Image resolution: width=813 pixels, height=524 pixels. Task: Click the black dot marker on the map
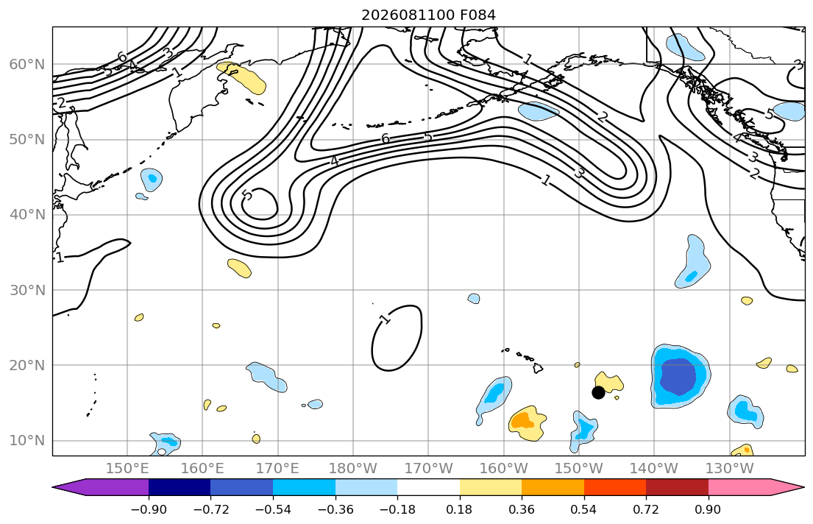598,393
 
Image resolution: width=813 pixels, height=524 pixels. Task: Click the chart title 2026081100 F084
428,15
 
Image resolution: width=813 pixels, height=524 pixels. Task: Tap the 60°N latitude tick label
27,64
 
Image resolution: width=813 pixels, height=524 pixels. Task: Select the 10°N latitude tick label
27,441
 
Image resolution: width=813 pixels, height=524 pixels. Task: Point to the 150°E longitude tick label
127,469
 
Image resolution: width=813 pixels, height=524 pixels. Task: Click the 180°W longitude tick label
353,469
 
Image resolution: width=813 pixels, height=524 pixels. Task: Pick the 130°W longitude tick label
730,469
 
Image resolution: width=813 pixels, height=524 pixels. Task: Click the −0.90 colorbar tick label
149,509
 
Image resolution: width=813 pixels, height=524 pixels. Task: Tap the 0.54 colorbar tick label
584,509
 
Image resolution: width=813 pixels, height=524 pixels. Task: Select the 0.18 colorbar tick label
459,509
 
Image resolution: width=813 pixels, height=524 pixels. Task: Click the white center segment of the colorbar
428,487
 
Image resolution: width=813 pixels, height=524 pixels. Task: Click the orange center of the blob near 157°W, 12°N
522,419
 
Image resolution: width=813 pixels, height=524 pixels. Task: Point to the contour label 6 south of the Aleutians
386,138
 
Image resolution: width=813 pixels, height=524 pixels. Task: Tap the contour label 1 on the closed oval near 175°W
385,319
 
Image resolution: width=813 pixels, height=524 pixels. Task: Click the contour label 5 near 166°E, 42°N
247,195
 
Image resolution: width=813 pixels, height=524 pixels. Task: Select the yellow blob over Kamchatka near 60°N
241,77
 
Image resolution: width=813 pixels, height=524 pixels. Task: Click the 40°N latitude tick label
27,214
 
